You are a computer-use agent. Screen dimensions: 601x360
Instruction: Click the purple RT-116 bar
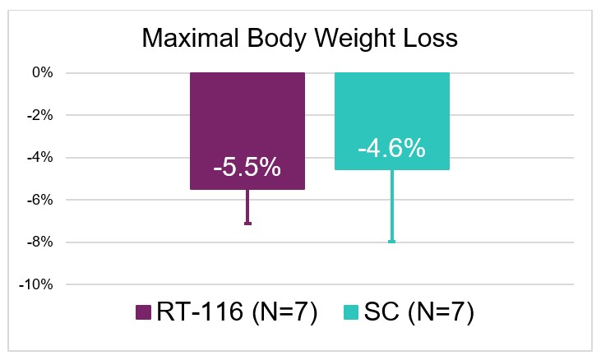click(247, 131)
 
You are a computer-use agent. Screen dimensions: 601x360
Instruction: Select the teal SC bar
click(392, 121)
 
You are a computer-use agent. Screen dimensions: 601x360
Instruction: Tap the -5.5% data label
click(247, 168)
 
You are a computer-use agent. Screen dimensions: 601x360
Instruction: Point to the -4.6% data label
click(391, 148)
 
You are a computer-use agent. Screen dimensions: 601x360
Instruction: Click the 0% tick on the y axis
click(43, 72)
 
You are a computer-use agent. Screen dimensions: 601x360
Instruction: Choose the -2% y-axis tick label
click(39, 115)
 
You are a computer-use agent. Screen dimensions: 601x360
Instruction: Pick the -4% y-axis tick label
click(39, 158)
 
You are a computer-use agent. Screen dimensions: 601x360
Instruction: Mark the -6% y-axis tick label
click(39, 200)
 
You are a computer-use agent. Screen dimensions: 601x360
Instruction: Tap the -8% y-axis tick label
click(39, 242)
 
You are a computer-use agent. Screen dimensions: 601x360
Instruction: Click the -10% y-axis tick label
click(36, 284)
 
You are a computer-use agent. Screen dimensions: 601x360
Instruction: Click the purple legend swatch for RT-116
click(143, 312)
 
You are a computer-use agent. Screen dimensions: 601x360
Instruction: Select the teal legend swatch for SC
click(351, 312)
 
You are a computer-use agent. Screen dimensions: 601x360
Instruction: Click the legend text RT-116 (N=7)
click(237, 312)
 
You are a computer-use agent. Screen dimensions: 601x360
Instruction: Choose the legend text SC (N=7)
click(419, 312)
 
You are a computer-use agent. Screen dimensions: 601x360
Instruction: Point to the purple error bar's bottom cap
click(247, 224)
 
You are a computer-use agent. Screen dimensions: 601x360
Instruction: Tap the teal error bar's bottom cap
click(391, 242)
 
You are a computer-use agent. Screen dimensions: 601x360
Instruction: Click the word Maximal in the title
click(191, 38)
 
